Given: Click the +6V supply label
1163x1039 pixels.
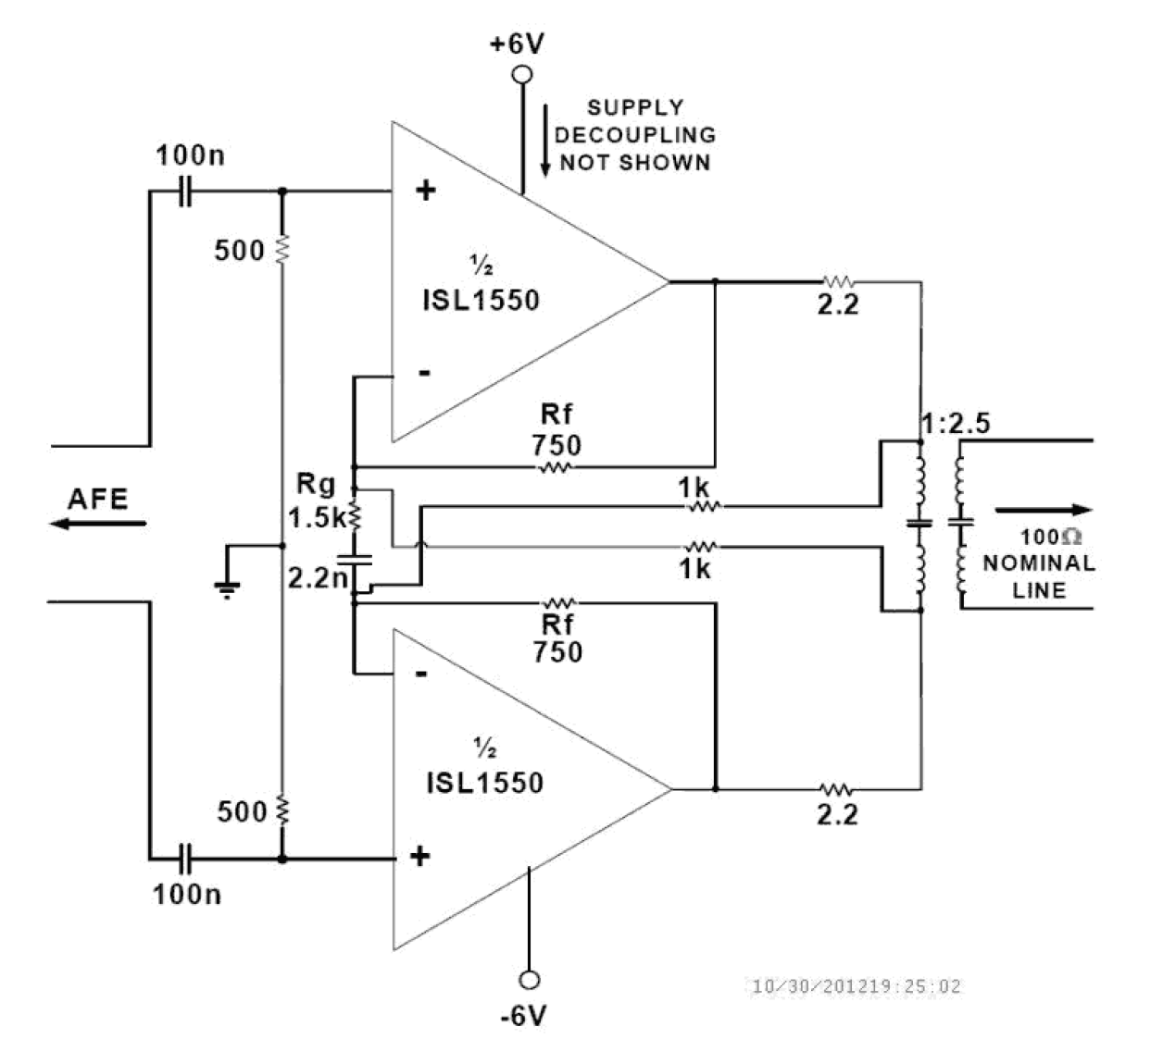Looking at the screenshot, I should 518,43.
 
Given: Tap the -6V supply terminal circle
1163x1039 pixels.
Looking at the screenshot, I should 530,980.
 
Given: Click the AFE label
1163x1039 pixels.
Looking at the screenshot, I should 97,500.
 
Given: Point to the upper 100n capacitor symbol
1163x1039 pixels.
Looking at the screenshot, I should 185,192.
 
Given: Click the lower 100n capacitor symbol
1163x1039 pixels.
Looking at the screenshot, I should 185,859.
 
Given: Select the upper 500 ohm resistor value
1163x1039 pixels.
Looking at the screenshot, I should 239,250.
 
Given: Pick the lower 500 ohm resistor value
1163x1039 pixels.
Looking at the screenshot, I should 242,811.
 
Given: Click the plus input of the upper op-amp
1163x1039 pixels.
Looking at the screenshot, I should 424,192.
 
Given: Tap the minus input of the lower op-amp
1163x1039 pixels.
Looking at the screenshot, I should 421,673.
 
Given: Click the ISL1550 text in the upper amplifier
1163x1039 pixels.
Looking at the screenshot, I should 481,300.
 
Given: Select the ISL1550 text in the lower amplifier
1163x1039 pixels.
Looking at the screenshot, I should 484,783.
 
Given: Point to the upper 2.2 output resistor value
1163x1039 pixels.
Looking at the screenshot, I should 837,304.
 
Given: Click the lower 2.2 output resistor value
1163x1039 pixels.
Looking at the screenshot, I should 837,814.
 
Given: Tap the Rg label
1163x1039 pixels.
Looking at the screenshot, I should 316,484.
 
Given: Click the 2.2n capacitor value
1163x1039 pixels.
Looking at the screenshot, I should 317,578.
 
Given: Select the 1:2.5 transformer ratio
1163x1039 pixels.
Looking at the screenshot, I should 956,424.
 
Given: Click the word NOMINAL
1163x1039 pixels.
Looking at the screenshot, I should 1038,563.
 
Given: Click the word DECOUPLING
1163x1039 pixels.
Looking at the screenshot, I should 635,135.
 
